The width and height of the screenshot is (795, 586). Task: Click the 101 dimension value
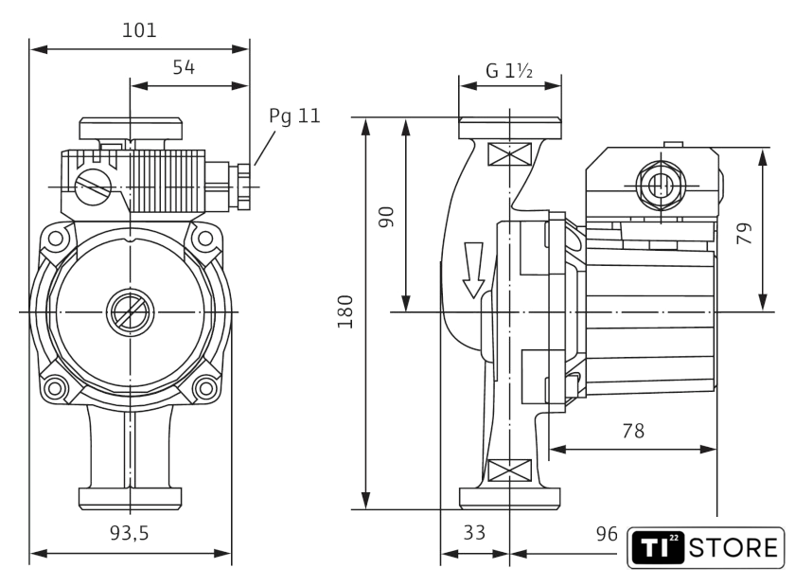(x=140, y=29)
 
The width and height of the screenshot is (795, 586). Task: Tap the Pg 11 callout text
(x=294, y=116)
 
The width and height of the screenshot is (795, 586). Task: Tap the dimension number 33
(x=474, y=532)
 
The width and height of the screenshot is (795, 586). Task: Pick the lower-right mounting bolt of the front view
(x=203, y=386)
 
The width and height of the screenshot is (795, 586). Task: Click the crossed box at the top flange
(x=510, y=154)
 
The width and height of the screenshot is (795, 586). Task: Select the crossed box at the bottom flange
(x=510, y=470)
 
